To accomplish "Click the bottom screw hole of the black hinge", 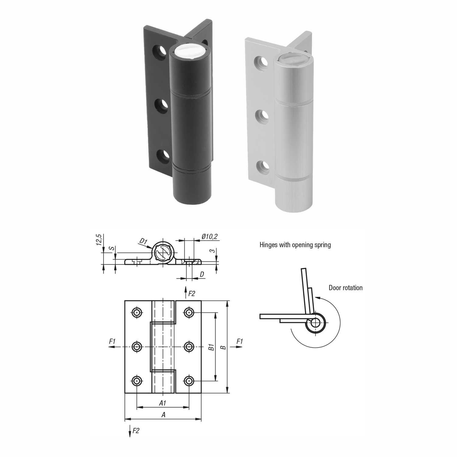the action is point(163,155).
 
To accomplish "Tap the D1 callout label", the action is point(144,241).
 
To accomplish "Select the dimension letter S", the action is point(112,248).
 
